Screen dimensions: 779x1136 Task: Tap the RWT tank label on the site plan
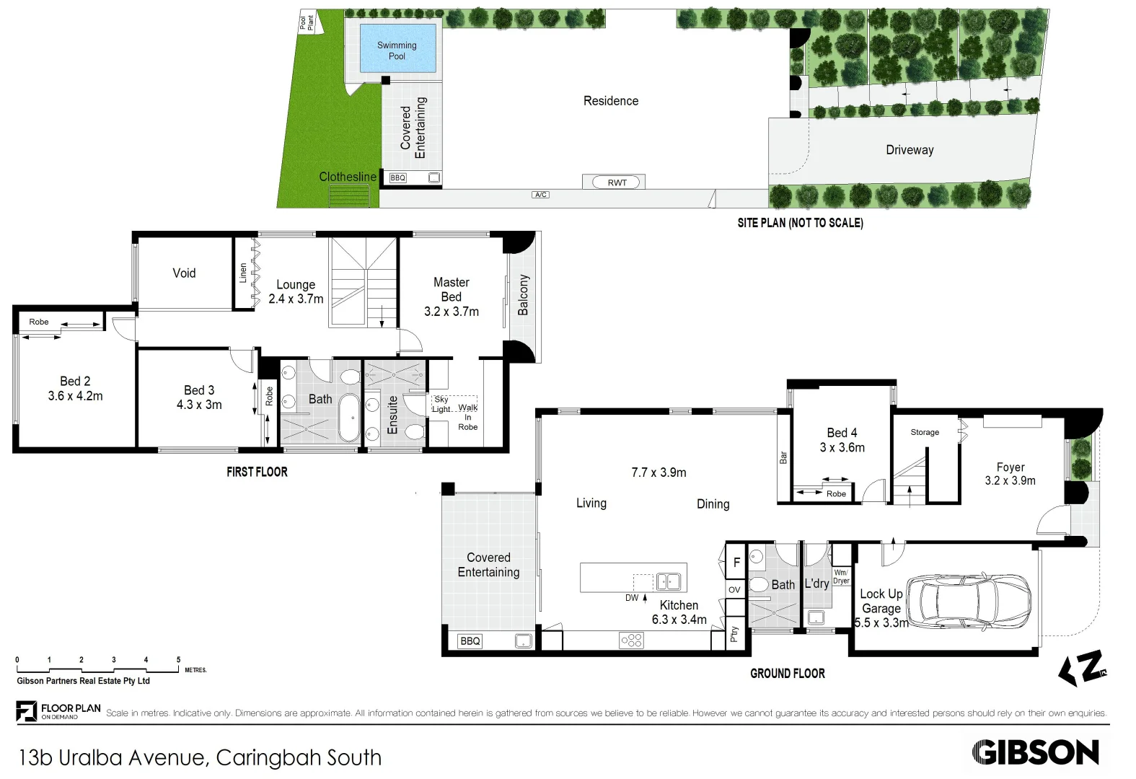click(617, 182)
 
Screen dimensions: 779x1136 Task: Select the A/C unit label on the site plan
click(540, 195)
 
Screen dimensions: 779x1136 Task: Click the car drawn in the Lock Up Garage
click(968, 601)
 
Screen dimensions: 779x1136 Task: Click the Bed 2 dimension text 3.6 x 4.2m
click(75, 396)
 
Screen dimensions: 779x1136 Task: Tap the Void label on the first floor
click(184, 273)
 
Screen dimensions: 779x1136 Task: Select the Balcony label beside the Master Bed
click(523, 294)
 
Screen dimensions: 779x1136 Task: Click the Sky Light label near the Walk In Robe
click(441, 404)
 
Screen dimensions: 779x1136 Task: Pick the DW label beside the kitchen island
click(632, 597)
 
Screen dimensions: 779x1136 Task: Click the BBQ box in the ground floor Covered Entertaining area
click(470, 641)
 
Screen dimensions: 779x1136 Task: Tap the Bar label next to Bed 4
click(783, 457)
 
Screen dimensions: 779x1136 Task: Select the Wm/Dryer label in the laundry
click(841, 576)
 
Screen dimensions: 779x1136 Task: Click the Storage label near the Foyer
click(924, 432)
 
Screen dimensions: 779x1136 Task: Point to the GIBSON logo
click(1035, 752)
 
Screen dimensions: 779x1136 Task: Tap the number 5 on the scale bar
click(178, 659)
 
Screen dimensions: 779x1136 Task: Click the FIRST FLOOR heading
click(257, 472)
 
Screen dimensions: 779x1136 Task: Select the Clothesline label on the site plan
click(347, 177)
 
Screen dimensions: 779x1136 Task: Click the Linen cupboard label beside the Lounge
click(243, 272)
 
